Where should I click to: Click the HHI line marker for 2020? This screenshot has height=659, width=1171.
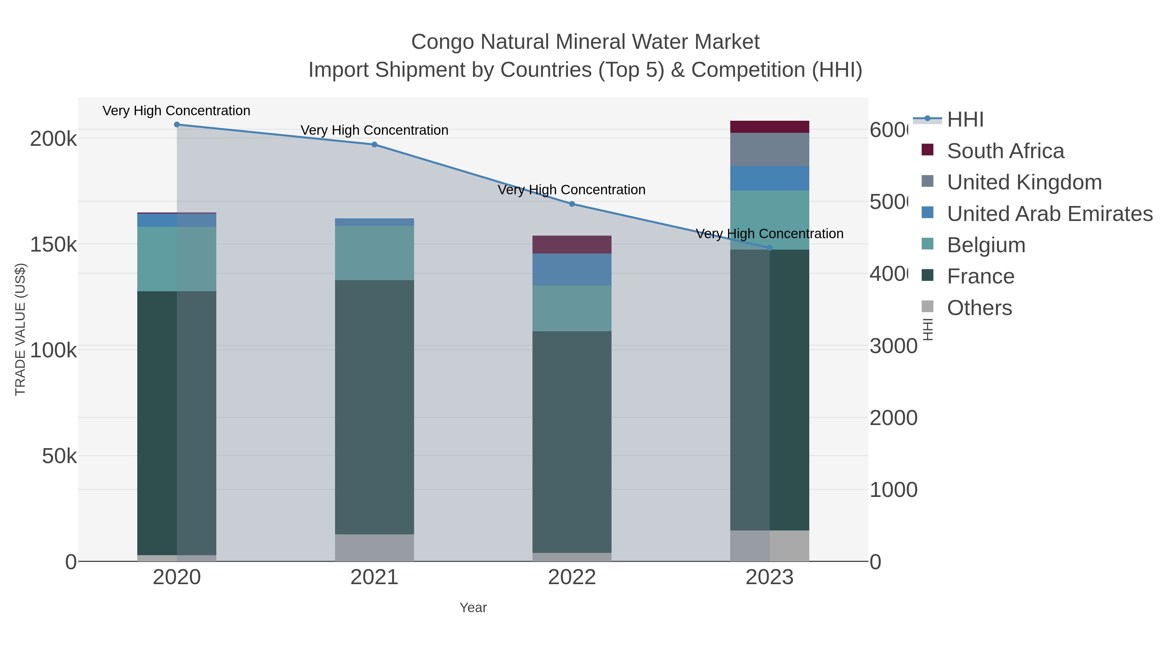pos(177,125)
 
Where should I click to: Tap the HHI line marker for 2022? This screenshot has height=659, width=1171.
pos(572,204)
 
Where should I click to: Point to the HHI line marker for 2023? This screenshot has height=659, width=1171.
pos(770,248)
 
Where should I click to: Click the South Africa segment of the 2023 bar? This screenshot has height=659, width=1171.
pos(770,127)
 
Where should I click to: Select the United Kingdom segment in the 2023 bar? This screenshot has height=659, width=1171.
pos(770,150)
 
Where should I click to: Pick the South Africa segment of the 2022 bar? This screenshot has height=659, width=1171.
pos(572,245)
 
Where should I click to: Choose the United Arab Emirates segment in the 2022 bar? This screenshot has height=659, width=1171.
pos(572,270)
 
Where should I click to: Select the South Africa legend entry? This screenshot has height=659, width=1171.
pos(1005,151)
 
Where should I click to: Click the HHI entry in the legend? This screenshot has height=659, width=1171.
pos(965,120)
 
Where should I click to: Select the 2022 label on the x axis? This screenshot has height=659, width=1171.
pos(572,578)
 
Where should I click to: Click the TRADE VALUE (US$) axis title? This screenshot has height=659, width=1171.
pos(20,329)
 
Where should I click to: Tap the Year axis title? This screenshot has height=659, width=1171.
pos(473,608)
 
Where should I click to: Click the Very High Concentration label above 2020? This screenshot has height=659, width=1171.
pos(176,111)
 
